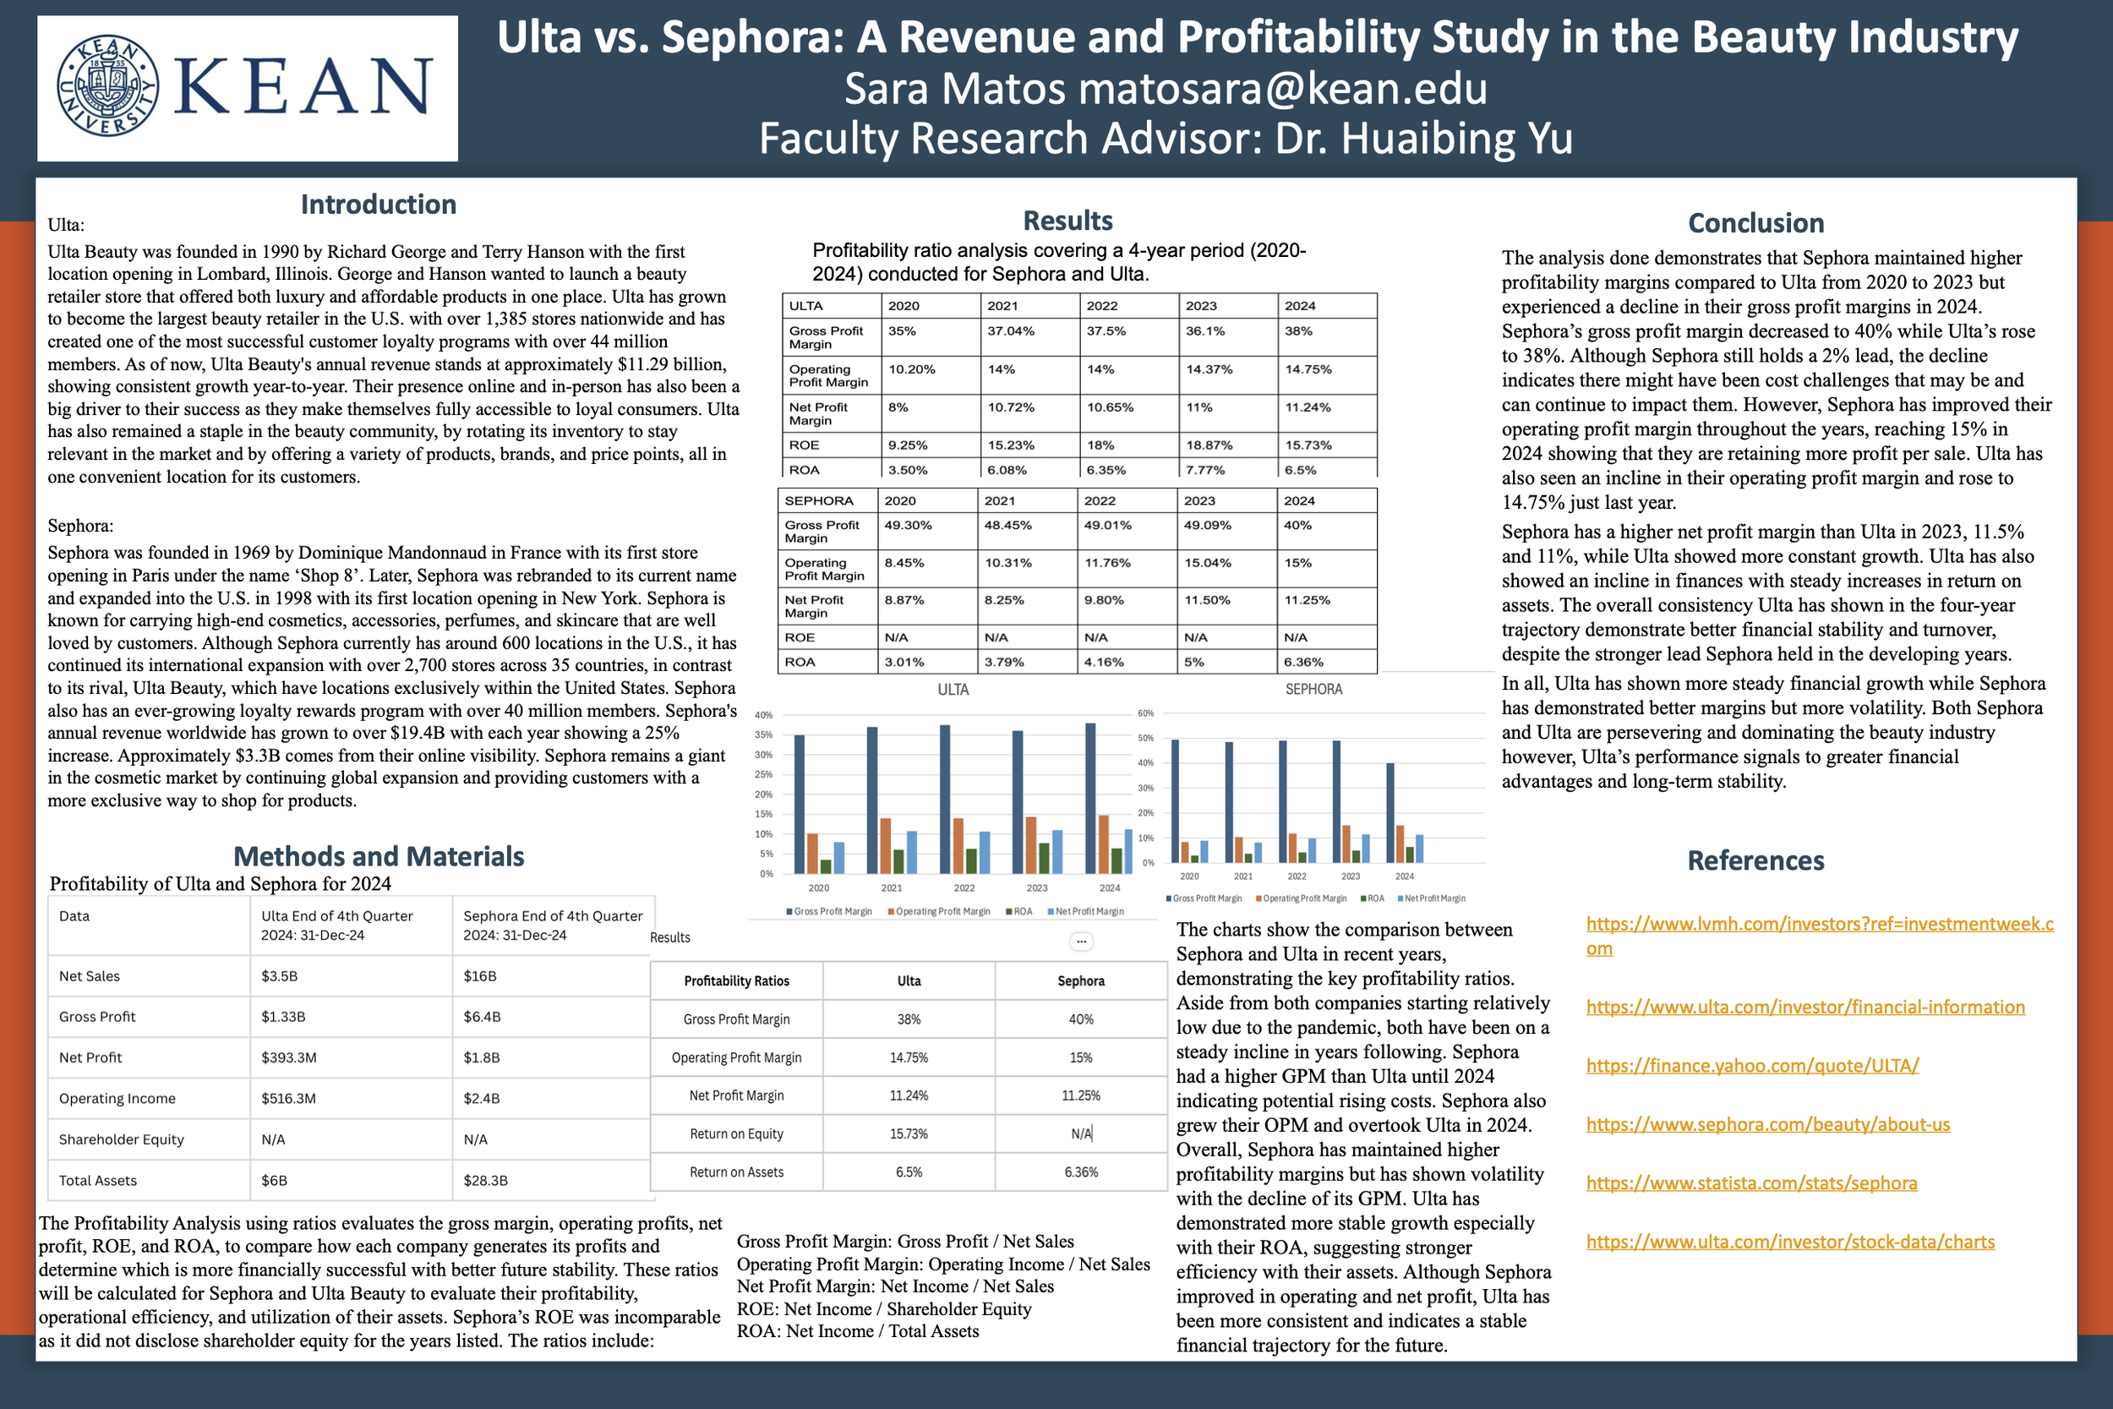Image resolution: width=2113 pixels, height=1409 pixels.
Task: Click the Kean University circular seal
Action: tap(108, 86)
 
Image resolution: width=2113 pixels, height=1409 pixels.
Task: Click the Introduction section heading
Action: tap(378, 205)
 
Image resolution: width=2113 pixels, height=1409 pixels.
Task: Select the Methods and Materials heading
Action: tap(378, 856)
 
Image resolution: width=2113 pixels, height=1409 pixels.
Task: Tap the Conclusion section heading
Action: tap(1755, 223)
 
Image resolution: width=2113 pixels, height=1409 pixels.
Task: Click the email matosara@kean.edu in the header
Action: tap(1282, 89)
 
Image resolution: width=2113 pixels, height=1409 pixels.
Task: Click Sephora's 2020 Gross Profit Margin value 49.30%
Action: tap(908, 526)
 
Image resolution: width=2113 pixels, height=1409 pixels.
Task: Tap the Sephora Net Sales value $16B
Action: tap(480, 976)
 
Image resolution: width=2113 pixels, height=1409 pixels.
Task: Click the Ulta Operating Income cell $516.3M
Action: tap(288, 1098)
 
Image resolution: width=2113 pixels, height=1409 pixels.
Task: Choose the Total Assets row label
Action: tap(98, 1180)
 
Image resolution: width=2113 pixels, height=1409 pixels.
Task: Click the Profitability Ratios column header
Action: tap(736, 981)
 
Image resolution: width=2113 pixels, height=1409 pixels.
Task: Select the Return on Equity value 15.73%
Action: tap(909, 1134)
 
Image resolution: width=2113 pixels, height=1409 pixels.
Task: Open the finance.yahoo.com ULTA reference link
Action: tap(1752, 1066)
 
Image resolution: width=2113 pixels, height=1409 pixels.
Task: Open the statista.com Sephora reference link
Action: tap(1751, 1183)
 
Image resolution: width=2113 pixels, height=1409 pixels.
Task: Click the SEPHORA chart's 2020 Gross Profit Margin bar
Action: tap(1175, 800)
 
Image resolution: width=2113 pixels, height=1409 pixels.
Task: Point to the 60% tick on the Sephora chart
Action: tap(1145, 713)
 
